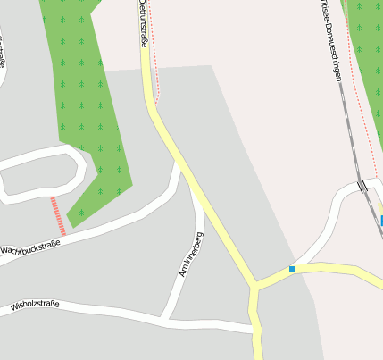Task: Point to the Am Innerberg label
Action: (192, 254)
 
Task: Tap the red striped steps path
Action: (58, 215)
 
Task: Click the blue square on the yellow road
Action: (292, 268)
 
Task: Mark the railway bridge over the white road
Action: (362, 186)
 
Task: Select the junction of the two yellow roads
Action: (256, 287)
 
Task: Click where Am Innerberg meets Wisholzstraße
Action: (164, 316)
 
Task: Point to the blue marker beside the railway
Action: (381, 220)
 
